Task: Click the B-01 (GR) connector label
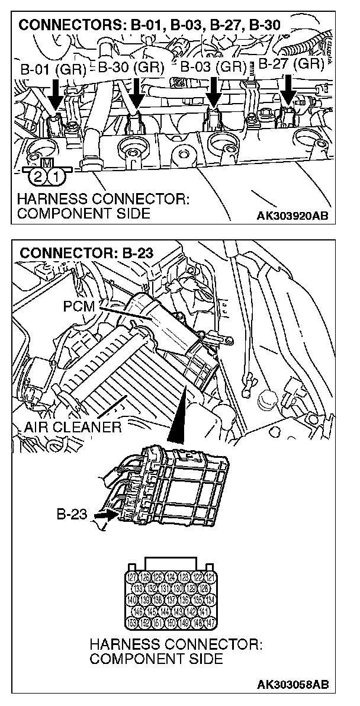coord(53,68)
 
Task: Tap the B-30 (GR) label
coord(130,68)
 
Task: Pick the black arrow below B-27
coord(288,89)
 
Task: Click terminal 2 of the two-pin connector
coord(38,176)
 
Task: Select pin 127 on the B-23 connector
coord(133,577)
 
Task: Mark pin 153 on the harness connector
coord(133,622)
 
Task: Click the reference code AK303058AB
coord(292,685)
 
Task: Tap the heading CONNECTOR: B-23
coord(86,253)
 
